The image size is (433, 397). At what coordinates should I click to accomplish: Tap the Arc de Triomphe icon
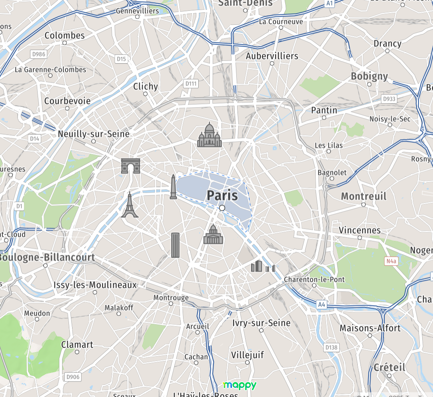(x=131, y=166)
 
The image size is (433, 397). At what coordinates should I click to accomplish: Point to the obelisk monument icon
(x=173, y=187)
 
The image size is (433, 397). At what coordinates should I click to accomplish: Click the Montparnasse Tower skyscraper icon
(x=175, y=245)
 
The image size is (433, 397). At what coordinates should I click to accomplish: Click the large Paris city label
(x=222, y=196)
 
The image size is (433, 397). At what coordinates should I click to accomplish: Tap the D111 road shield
(x=191, y=84)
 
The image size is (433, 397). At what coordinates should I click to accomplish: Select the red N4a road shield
(x=391, y=261)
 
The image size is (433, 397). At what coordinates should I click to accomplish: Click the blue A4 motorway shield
(x=322, y=305)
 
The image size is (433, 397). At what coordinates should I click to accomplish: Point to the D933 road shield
(x=389, y=98)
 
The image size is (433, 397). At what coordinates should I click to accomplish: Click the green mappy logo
(x=240, y=385)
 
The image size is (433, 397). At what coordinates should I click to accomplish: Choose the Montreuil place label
(x=363, y=196)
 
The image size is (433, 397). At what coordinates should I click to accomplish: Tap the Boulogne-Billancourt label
(x=47, y=257)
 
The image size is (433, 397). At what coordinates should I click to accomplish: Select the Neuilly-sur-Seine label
(x=93, y=134)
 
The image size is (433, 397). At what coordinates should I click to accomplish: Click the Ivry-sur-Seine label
(x=261, y=323)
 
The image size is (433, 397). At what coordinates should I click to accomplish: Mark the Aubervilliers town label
(x=272, y=56)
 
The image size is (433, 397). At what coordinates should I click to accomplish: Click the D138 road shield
(x=331, y=347)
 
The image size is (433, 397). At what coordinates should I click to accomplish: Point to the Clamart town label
(x=77, y=345)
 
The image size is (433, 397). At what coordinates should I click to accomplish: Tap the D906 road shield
(x=73, y=377)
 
